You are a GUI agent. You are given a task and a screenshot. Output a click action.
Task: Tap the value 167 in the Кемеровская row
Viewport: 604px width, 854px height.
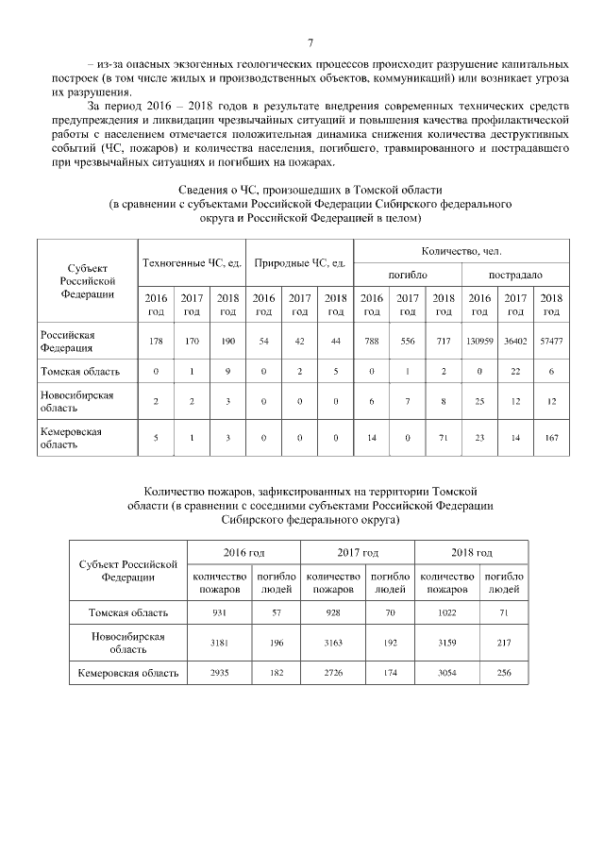[x=551, y=438]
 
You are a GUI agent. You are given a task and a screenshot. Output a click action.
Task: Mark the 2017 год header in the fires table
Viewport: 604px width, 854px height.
[x=358, y=552]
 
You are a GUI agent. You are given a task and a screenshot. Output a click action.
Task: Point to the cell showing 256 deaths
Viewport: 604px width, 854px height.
[x=504, y=673]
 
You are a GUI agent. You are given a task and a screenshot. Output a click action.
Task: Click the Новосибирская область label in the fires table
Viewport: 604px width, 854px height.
[x=127, y=643]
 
